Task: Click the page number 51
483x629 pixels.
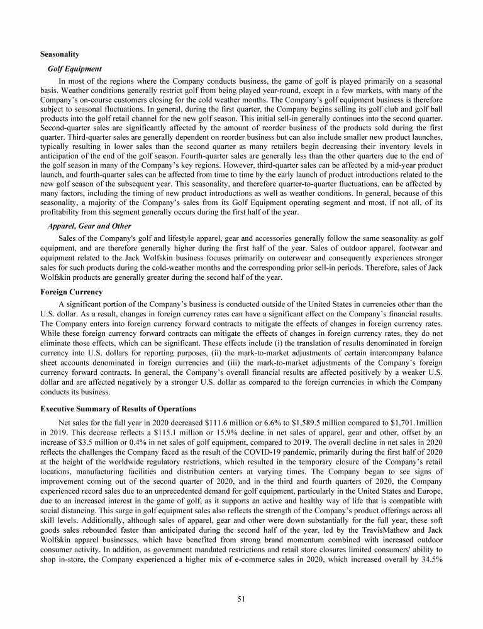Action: [241, 599]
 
